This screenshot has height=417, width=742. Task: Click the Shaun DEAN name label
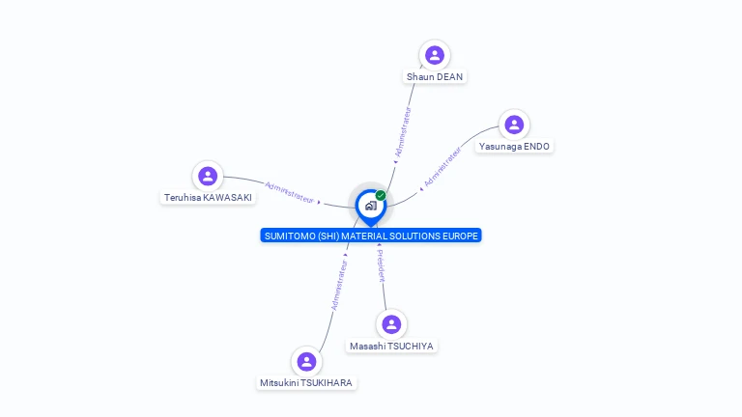point(435,76)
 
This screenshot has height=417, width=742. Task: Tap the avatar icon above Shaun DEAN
point(435,55)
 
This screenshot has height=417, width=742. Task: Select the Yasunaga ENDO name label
point(514,146)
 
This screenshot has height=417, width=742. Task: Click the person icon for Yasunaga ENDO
point(514,125)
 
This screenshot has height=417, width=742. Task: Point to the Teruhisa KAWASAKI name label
point(208,197)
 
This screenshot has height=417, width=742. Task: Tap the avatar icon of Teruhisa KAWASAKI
point(208,176)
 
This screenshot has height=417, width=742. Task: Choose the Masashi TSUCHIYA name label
point(391,346)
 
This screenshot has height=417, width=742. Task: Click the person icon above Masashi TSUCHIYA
point(391,324)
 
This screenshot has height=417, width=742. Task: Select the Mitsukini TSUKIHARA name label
point(307,382)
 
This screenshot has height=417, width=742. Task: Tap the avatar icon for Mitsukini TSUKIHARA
point(307,361)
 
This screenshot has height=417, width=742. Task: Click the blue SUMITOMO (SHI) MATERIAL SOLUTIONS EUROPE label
point(371,236)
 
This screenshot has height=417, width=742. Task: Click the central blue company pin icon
point(370,206)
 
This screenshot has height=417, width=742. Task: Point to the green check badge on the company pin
point(381,195)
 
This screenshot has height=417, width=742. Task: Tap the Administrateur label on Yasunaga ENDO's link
point(442,166)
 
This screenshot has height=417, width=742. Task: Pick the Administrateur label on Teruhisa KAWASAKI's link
point(289,192)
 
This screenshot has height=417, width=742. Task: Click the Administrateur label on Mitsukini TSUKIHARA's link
point(338,281)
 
